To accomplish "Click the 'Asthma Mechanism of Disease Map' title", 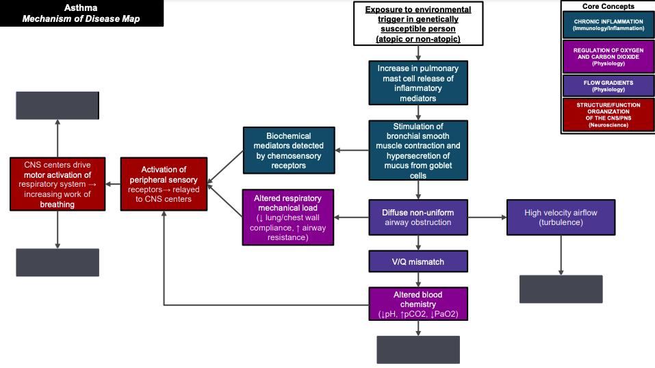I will [81, 13].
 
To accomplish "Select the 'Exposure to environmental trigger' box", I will [418, 24].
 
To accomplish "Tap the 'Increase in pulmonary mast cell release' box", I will [418, 83].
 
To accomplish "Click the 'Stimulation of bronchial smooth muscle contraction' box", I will [418, 150].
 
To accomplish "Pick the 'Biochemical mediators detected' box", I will [288, 150].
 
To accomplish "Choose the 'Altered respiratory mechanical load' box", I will [288, 218].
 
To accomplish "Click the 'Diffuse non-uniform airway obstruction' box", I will [418, 217].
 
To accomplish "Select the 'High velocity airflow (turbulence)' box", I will [561, 218].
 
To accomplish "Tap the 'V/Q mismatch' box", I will [418, 261].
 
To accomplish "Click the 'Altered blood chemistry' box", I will [418, 304].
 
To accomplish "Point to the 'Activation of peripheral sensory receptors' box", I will [164, 184].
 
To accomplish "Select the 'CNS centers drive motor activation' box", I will [57, 184].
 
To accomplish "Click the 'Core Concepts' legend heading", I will [608, 5].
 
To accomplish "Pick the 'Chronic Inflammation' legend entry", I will [608, 25].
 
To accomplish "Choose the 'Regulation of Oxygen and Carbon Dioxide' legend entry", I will [608, 56].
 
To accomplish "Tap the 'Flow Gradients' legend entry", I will [608, 86].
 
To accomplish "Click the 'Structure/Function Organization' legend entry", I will [608, 116].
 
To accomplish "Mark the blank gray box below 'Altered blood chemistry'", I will [418, 350].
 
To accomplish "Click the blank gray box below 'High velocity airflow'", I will [561, 289].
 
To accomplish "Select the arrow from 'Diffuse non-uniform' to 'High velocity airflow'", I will [487, 218].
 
